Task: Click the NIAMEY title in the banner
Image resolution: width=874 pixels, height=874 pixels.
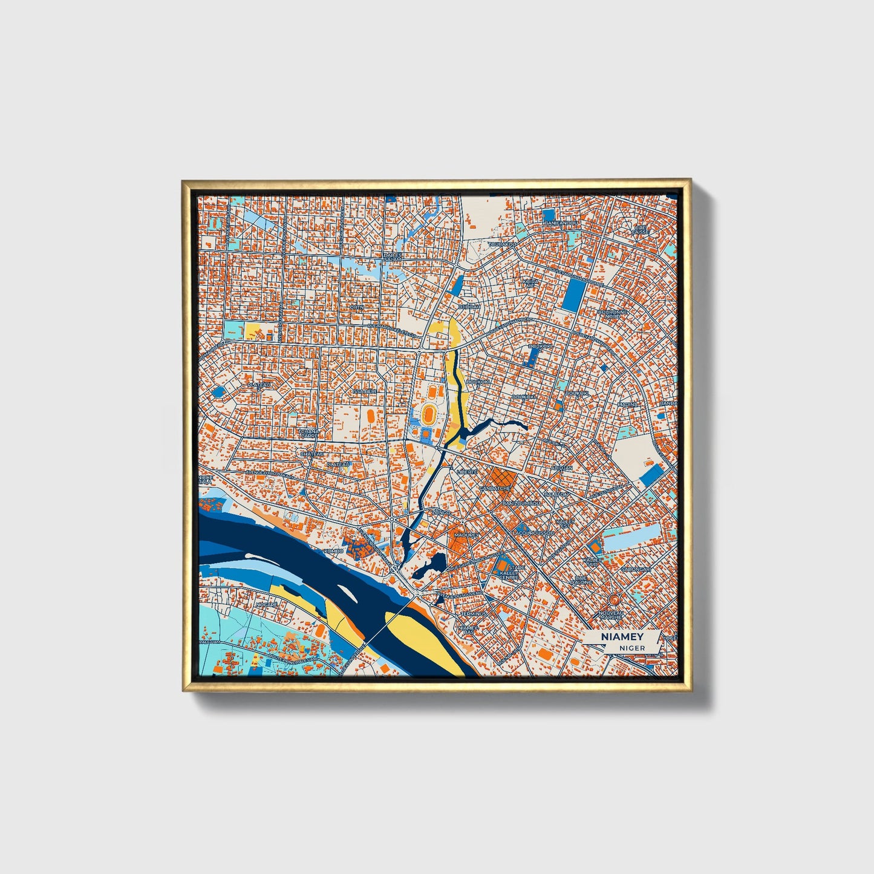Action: pyautogui.click(x=622, y=637)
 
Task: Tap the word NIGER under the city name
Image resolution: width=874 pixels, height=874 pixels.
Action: pyautogui.click(x=632, y=648)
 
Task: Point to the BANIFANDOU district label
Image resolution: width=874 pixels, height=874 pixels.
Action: pyautogui.click(x=561, y=223)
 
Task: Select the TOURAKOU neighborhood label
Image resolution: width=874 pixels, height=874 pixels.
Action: pyautogui.click(x=503, y=244)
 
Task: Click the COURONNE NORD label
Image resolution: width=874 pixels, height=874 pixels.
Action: pyautogui.click(x=613, y=314)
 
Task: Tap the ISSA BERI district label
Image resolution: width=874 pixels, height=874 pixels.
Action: pyautogui.click(x=365, y=391)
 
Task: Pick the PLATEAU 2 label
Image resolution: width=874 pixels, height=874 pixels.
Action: pyautogui.click(x=260, y=385)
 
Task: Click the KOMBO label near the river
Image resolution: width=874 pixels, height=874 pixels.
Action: pyautogui.click(x=333, y=551)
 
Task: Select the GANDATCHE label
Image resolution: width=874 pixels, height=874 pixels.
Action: pyautogui.click(x=494, y=488)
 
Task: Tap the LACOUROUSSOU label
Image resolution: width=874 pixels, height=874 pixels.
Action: pyautogui.click(x=533, y=533)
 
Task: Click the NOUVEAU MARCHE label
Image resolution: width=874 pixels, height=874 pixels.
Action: pyautogui.click(x=611, y=615)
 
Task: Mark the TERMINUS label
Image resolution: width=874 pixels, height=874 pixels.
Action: pyautogui.click(x=474, y=614)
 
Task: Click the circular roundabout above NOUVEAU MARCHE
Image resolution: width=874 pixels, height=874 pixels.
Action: pyautogui.click(x=613, y=599)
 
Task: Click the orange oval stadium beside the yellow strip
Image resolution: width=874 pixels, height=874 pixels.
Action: pyautogui.click(x=429, y=414)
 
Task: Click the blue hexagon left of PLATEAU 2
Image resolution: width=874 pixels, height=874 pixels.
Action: pyautogui.click(x=218, y=391)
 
